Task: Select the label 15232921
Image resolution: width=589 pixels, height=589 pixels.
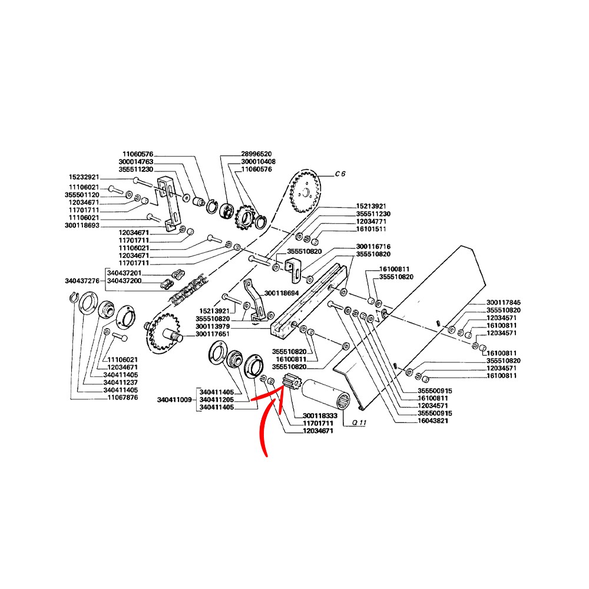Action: coord(85,177)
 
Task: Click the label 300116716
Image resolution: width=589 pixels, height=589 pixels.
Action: coord(373,246)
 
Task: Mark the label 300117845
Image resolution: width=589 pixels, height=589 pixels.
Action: coord(504,302)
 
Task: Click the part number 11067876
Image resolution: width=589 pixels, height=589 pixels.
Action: coord(121,398)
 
